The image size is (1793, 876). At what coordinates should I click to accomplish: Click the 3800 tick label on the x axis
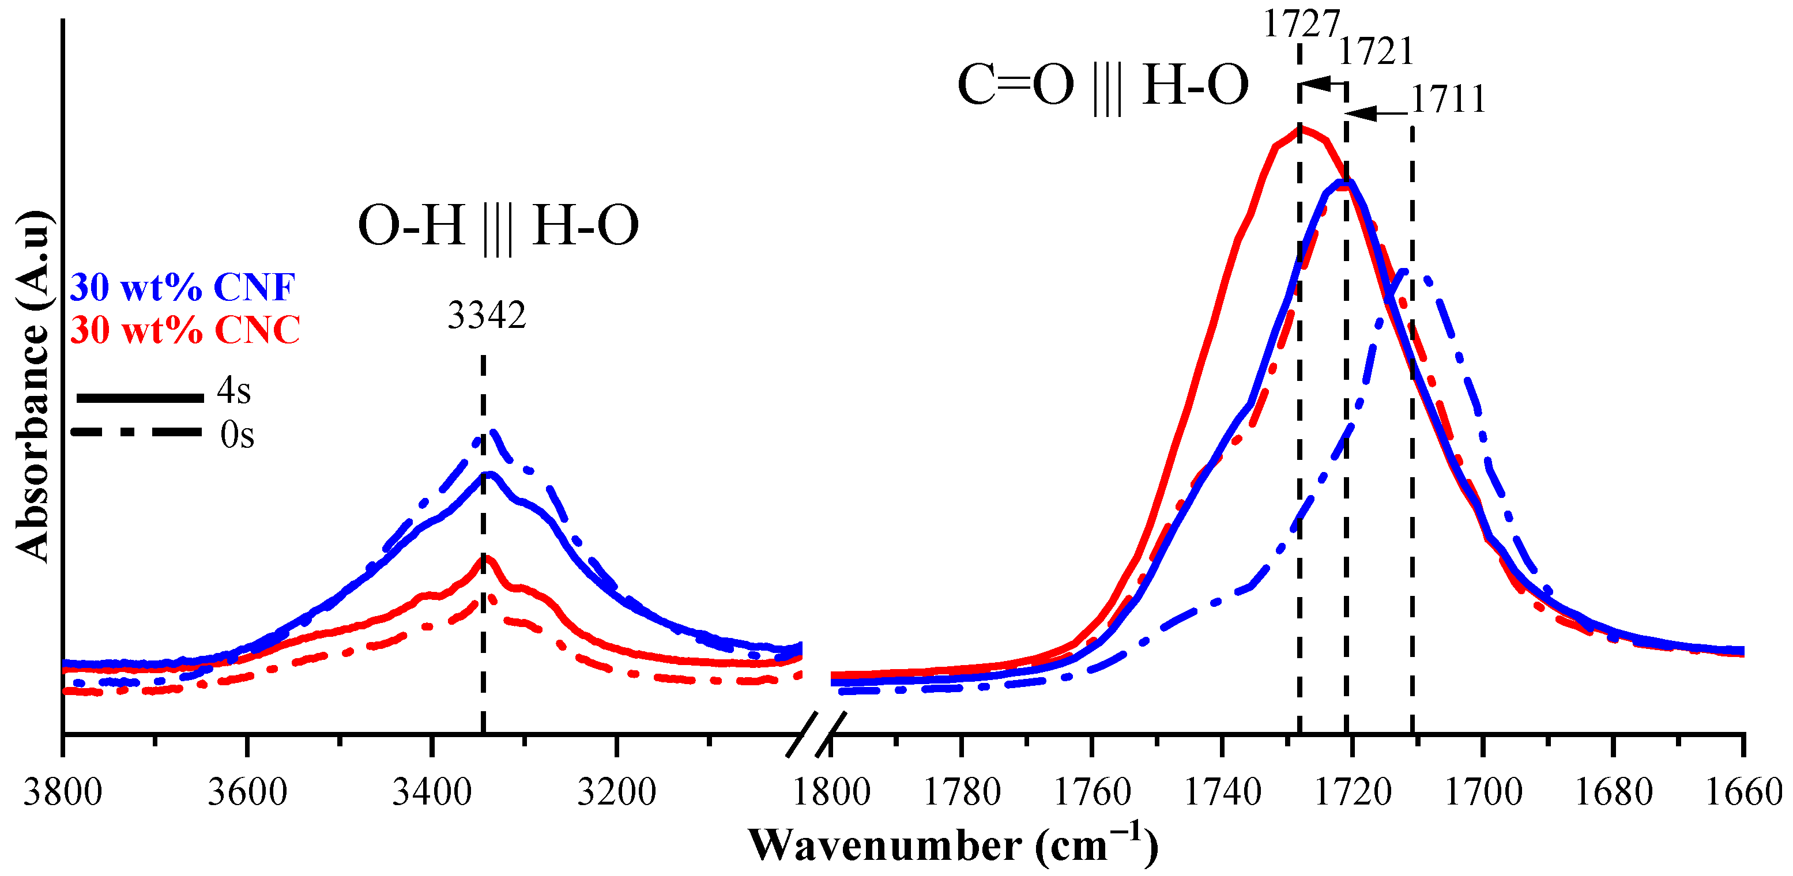pos(63,792)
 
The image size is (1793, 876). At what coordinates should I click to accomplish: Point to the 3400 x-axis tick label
pos(432,792)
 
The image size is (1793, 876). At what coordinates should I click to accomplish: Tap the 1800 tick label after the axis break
pos(831,792)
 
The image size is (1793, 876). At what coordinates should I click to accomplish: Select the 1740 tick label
pos(1222,792)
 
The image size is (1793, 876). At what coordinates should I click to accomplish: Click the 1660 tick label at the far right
pos(1743,792)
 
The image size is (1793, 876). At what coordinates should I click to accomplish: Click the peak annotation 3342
pos(487,316)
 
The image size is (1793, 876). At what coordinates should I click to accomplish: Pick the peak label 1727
pos(1301,25)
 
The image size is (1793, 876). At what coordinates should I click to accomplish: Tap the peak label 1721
pos(1376,51)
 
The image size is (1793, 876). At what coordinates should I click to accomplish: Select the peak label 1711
pos(1448,100)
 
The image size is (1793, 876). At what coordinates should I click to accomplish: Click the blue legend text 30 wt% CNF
pos(182,288)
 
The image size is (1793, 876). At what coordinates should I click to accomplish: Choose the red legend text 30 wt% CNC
pos(185,330)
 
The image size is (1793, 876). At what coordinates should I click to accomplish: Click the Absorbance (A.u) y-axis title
pos(33,386)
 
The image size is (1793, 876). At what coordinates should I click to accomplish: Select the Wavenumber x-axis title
pos(953,846)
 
